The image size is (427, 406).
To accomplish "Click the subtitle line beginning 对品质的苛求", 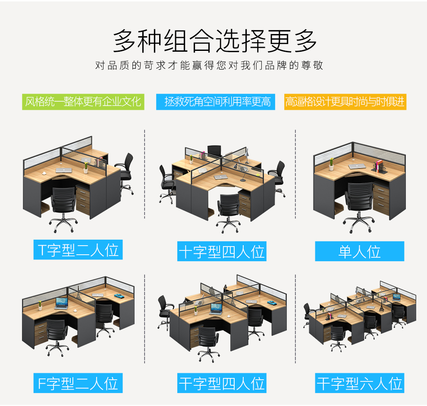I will (x=209, y=66).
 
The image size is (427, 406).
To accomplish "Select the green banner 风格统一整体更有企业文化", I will (x=83, y=102).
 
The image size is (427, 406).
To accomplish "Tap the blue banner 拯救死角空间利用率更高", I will (x=216, y=102).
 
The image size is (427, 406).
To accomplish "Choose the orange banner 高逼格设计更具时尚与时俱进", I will (x=345, y=102).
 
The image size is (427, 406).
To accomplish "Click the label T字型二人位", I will (x=78, y=250).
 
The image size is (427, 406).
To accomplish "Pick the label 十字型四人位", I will (x=222, y=251).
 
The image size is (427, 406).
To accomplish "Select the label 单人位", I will (x=359, y=251).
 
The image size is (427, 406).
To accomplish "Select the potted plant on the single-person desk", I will (x=331, y=164).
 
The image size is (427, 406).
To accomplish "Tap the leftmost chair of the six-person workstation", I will (x=309, y=314).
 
